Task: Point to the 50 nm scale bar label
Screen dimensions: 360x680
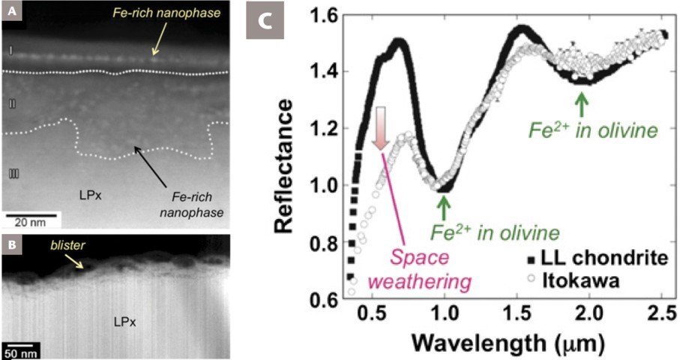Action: pyautogui.click(x=23, y=351)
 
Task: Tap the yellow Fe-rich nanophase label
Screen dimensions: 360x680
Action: pyautogui.click(x=112, y=13)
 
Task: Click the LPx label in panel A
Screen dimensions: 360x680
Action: pyautogui.click(x=88, y=193)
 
